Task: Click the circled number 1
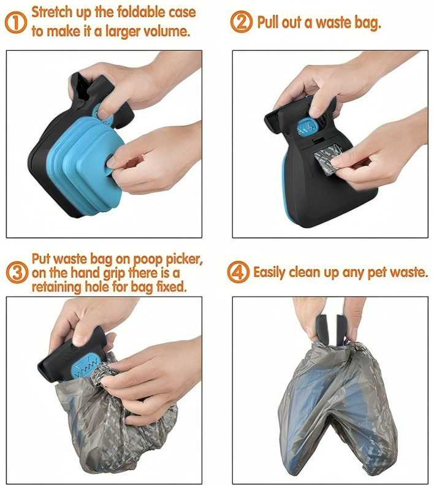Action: (x=16, y=22)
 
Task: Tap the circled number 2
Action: (x=242, y=21)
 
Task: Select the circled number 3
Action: (x=17, y=273)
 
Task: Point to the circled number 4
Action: (x=238, y=272)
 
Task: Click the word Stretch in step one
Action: (x=50, y=12)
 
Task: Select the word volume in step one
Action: (x=170, y=31)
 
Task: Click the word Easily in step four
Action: (x=269, y=272)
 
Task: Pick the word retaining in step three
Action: (x=56, y=287)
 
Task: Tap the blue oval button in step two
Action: (x=306, y=127)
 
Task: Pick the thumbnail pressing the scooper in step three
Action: (x=80, y=339)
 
